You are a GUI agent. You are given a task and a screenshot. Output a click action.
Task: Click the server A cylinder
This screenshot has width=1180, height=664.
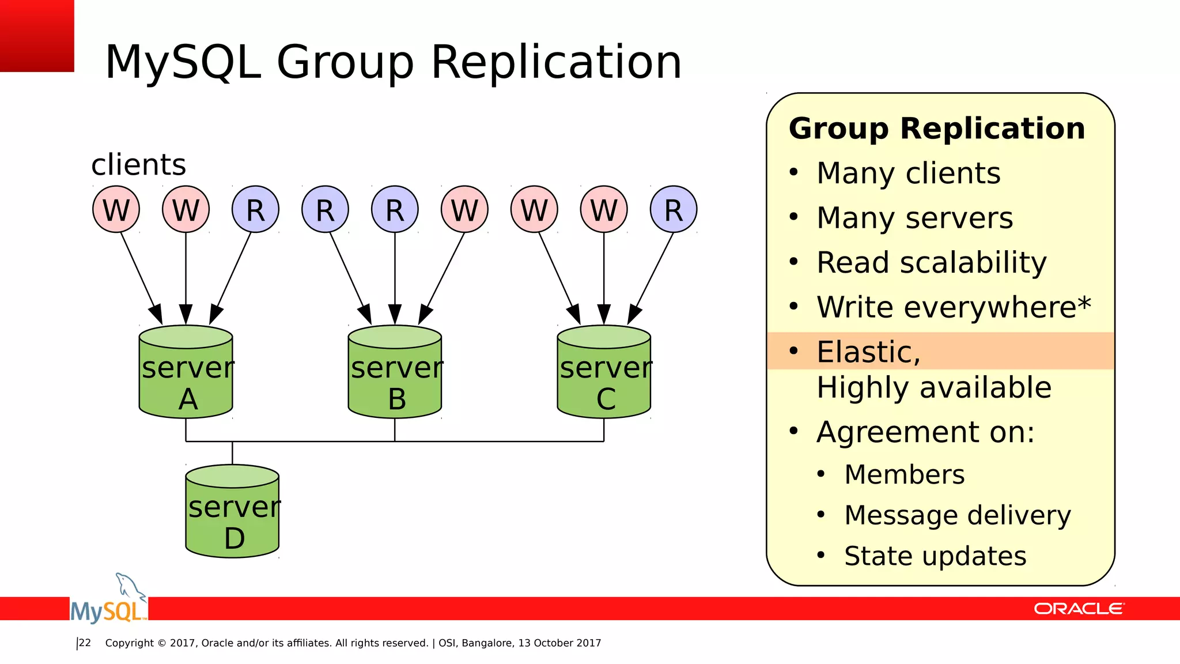tap(186, 372)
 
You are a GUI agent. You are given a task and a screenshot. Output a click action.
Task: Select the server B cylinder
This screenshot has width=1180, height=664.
tap(395, 372)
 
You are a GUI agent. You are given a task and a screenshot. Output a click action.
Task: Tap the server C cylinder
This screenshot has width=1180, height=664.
tap(604, 372)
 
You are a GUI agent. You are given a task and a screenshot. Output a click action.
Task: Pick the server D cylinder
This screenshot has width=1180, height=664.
tap(232, 511)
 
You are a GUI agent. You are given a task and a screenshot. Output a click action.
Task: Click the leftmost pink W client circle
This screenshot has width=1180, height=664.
tap(116, 209)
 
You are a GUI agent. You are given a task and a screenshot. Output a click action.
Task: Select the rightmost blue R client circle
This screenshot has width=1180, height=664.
tap(674, 209)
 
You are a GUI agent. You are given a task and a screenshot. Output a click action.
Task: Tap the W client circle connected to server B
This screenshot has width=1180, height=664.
tap(464, 209)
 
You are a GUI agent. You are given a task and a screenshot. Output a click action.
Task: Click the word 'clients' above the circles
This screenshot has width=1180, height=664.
tap(139, 165)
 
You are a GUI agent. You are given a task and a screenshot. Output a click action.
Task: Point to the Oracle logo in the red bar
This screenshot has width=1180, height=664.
tap(1078, 609)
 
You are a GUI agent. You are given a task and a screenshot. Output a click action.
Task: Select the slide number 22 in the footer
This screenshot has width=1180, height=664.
tap(85, 643)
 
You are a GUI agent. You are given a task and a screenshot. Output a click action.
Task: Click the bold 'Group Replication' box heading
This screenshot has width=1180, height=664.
tap(937, 128)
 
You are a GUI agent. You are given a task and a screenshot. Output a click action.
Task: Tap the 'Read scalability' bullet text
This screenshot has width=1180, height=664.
tap(931, 263)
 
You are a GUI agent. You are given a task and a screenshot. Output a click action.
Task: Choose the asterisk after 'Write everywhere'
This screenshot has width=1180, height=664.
tap(1084, 302)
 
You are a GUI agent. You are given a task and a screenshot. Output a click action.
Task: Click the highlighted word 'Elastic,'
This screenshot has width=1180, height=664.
tap(868, 352)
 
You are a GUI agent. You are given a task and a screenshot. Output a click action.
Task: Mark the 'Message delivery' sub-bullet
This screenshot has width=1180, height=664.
tap(957, 515)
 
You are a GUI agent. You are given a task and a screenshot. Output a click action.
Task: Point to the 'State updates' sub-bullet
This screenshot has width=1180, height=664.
tap(935, 556)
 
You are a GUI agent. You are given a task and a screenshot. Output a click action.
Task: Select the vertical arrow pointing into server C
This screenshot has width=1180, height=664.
tap(604, 277)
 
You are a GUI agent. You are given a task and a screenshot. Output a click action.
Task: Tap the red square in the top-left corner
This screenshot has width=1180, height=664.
tap(37, 36)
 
